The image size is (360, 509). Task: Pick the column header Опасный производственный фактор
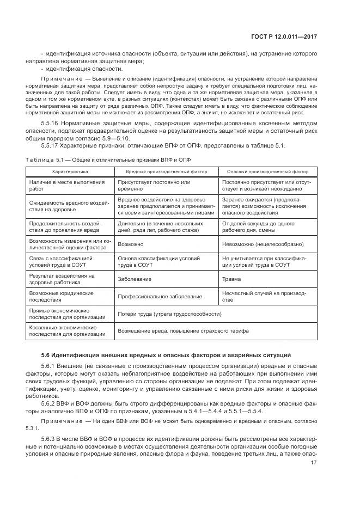click(267, 170)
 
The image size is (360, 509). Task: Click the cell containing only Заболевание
click(133, 278)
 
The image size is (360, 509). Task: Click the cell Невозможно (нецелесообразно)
click(260, 244)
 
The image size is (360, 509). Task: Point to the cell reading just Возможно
click(131, 244)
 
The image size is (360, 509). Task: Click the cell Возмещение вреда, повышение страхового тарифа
click(183, 330)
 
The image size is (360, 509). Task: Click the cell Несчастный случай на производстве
click(264, 296)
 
